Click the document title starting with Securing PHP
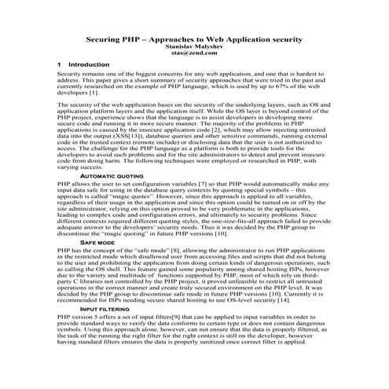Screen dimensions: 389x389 (193, 39)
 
